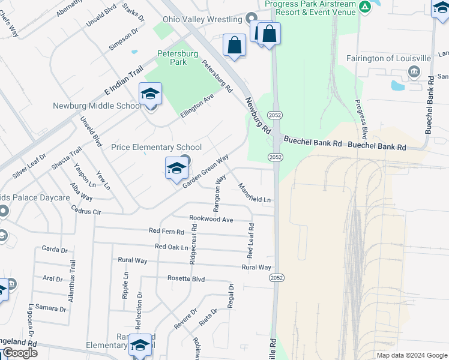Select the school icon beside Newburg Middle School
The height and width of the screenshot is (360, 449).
pos(150,94)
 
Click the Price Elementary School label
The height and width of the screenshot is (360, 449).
pos(157,147)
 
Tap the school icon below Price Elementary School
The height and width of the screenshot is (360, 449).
pos(176,169)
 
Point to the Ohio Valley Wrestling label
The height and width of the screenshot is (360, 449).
pos(205,19)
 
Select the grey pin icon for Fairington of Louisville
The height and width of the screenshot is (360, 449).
pos(414,73)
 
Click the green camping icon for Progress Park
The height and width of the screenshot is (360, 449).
pos(365,7)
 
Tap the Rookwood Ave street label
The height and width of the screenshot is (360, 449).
pos(211,220)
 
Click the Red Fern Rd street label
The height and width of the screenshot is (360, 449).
pos(167,231)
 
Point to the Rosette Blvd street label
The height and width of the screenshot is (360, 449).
pos(186,279)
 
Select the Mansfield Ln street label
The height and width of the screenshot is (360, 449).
pos(255,192)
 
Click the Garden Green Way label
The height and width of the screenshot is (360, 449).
pos(206,170)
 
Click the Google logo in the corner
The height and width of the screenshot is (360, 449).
pos(19,353)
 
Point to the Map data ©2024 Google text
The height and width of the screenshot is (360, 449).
pos(411,355)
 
